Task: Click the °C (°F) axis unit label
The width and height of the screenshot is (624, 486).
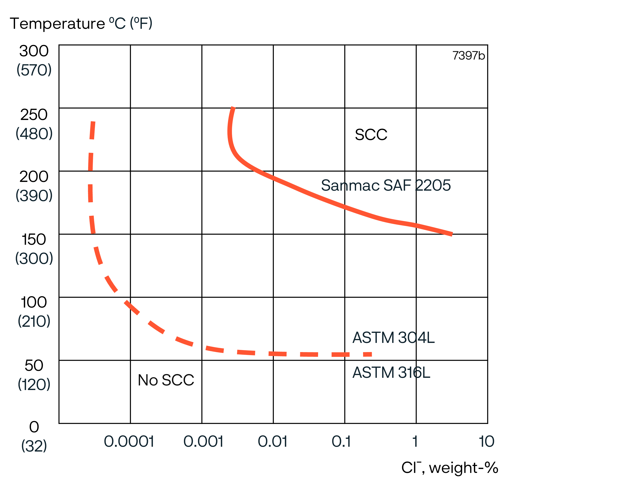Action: coord(130,24)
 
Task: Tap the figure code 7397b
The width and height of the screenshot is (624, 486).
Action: coord(469,56)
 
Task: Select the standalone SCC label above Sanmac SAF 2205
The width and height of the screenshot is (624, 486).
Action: coord(371,135)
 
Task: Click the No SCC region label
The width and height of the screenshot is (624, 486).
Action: coord(166,380)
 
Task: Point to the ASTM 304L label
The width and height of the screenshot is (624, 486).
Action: coord(393,338)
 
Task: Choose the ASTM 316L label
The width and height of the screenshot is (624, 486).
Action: coord(391,373)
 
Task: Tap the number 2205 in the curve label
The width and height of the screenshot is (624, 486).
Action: coord(433,185)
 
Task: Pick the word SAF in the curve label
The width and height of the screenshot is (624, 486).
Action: coord(397,185)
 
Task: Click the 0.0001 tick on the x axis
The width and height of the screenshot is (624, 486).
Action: coord(129,442)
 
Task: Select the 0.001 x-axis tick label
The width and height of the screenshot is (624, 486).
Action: coord(203,442)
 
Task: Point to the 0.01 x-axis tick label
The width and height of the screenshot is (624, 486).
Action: coord(272,442)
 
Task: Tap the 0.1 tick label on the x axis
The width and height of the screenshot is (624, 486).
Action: coord(341,442)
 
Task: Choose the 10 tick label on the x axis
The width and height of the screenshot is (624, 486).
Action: coord(486,442)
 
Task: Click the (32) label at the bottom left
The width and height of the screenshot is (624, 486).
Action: coord(34,446)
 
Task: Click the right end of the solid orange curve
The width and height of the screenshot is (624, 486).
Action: coord(452,234)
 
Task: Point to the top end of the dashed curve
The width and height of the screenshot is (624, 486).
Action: coord(93,122)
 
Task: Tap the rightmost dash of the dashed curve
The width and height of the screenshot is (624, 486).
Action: coord(367,354)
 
